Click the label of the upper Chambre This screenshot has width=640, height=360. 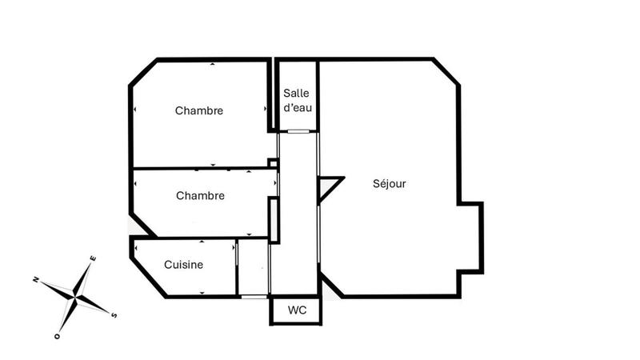[x=199, y=111]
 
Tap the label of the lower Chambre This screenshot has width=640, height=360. [x=200, y=195]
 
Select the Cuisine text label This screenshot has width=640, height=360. [x=183, y=265]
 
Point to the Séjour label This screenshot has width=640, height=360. [x=390, y=184]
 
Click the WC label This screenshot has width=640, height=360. [x=296, y=310]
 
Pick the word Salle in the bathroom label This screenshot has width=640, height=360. [x=297, y=94]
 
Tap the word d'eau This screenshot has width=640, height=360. [x=297, y=108]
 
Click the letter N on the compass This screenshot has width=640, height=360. [x=37, y=279]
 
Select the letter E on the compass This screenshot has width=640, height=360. [x=94, y=258]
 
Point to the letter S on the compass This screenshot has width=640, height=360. [x=114, y=314]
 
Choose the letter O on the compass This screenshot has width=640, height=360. [x=58, y=336]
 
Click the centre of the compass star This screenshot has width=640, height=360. [x=75, y=297]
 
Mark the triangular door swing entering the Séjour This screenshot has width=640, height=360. [x=327, y=188]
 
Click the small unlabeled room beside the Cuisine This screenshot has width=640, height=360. [x=253, y=267]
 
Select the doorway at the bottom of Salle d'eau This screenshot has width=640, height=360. [x=297, y=130]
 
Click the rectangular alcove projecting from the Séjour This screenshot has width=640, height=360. [x=471, y=237]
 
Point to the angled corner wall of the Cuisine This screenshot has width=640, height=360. [x=148, y=277]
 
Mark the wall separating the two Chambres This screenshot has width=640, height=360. [x=200, y=169]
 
